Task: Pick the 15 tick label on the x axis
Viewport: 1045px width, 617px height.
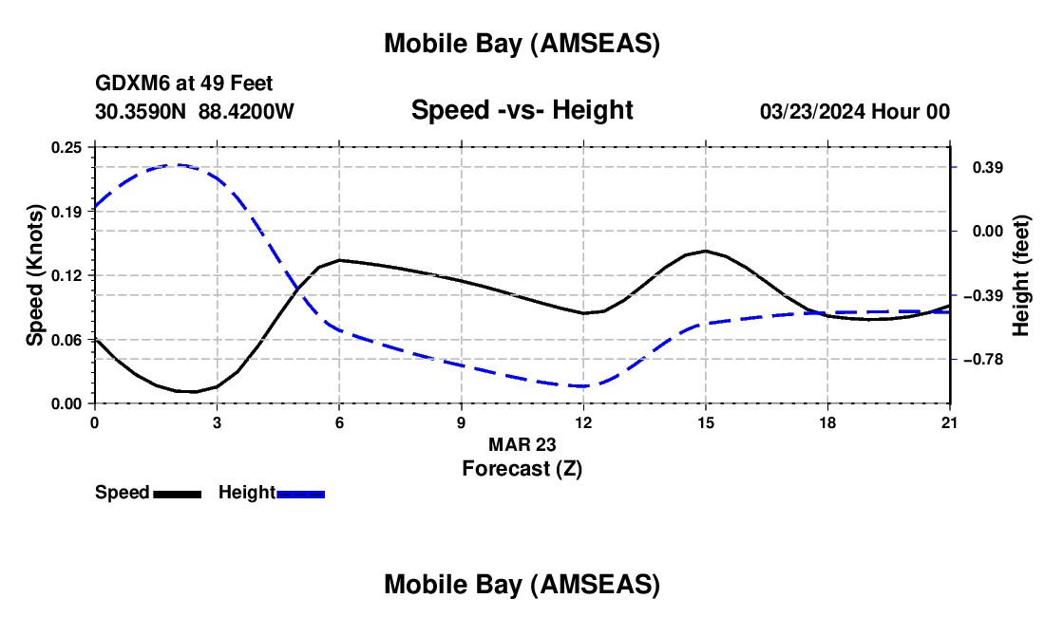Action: (705, 422)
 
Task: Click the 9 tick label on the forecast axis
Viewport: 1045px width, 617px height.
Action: (461, 422)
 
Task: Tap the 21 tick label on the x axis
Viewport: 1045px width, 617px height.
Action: (950, 422)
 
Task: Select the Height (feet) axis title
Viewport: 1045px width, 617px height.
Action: (1021, 276)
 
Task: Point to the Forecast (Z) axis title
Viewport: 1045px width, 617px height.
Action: (522, 468)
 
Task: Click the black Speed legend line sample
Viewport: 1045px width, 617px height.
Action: (177, 494)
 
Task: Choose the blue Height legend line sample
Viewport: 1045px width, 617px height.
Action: (301, 494)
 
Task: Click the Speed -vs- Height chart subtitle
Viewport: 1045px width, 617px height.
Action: (522, 111)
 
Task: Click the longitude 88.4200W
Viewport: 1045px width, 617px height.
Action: (246, 112)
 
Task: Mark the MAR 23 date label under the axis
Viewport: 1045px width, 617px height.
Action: (522, 444)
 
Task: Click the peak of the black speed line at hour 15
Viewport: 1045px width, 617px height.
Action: (705, 251)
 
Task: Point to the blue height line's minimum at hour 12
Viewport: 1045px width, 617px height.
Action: (581, 386)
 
